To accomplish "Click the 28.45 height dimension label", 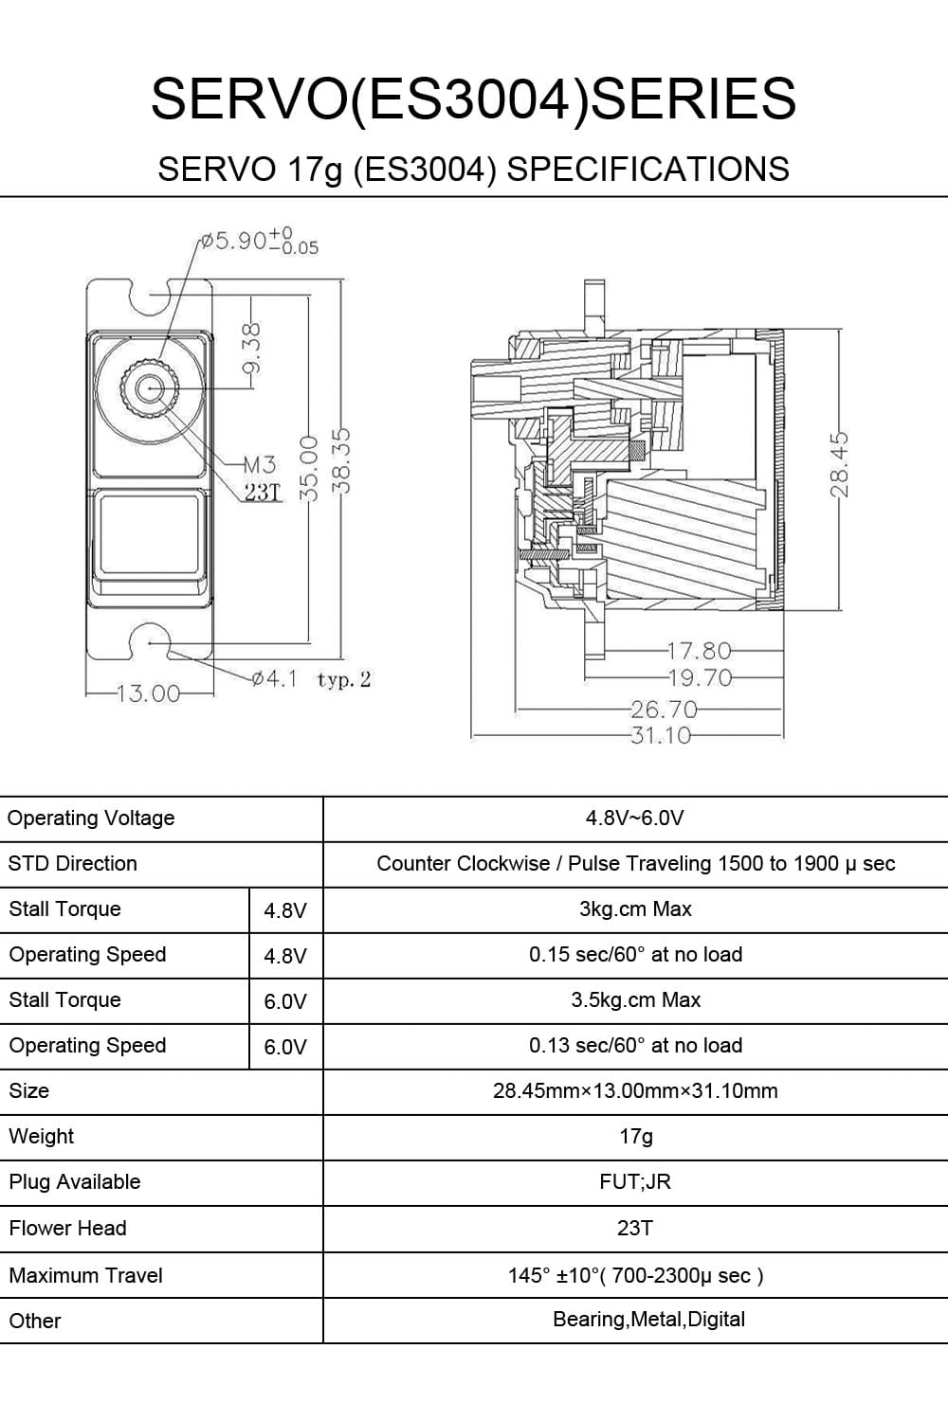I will click(x=839, y=464).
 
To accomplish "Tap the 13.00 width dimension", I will click(x=148, y=694).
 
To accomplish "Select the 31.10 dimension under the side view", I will click(x=661, y=735).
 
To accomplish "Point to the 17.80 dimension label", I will click(x=700, y=651).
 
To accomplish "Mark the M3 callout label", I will click(x=259, y=464).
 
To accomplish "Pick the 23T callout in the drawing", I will click(x=263, y=493).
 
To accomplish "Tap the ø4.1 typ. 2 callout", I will click(x=311, y=679).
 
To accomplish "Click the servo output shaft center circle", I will click(x=149, y=387).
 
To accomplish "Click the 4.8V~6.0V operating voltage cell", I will click(x=634, y=818).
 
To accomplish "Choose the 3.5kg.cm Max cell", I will click(x=635, y=1000).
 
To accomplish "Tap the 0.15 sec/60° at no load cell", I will click(x=635, y=955).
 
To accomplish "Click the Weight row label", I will click(x=41, y=1137).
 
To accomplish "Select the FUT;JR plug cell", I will click(x=635, y=1182).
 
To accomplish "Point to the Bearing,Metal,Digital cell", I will click(x=648, y=1320).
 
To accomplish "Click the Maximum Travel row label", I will click(x=85, y=1276).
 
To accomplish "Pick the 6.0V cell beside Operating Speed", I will click(x=284, y=1047).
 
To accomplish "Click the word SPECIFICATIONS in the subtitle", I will click(x=648, y=170).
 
